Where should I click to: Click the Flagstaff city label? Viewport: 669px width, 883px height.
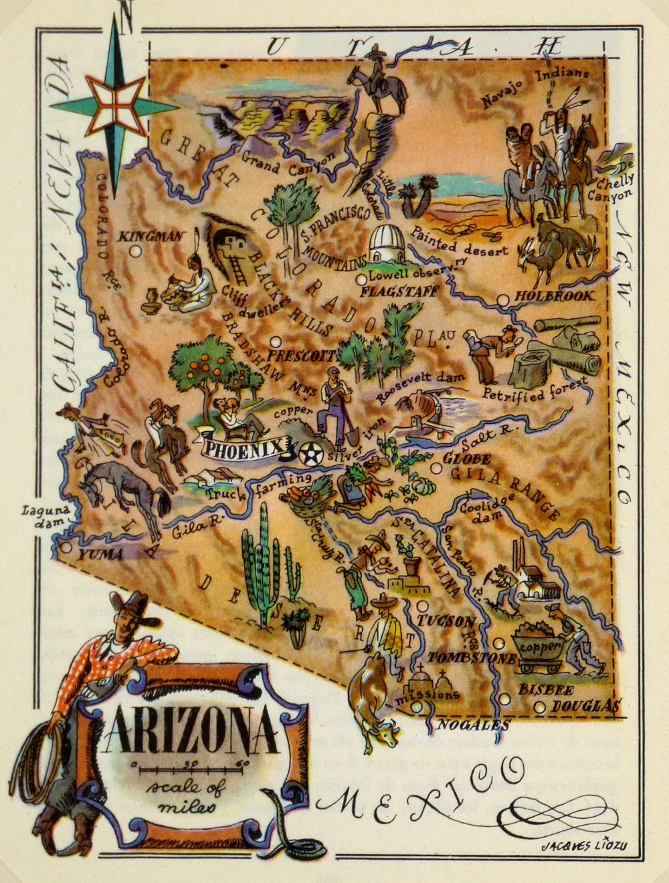tap(399, 291)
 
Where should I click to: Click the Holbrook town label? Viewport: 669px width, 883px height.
tap(553, 295)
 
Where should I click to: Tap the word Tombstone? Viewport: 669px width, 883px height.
tap(472, 658)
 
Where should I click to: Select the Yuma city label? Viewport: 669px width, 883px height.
tap(100, 555)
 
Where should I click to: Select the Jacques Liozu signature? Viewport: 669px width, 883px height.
tap(583, 846)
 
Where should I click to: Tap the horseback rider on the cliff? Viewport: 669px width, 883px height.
tap(379, 78)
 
